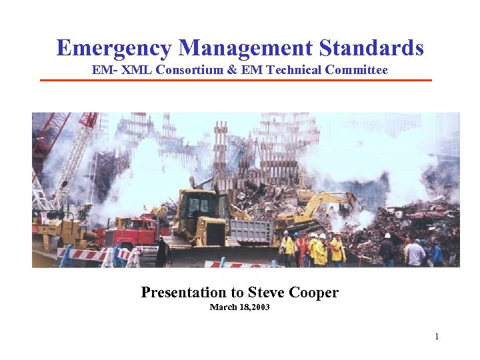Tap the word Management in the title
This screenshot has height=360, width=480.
pos(245,48)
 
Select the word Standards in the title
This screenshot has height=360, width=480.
pos(371,48)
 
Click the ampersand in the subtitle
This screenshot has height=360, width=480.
pos(232,69)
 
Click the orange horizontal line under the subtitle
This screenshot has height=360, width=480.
pos(236,81)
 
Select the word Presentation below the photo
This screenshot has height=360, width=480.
pos(184,292)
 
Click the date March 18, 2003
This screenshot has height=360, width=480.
pos(240,307)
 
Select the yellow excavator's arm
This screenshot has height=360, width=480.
pos(327,201)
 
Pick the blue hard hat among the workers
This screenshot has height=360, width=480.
pos(295,235)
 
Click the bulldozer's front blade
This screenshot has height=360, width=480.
pos(213,256)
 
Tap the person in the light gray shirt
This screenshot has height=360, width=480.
pos(416,253)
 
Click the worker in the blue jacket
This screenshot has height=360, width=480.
pos(437,253)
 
